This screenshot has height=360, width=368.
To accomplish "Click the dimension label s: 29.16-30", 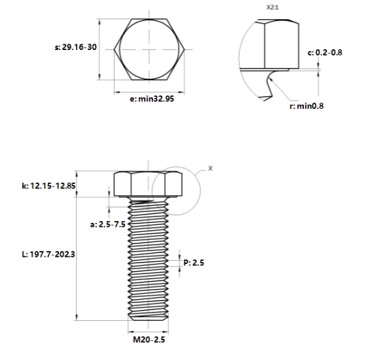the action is pyautogui.click(x=76, y=47).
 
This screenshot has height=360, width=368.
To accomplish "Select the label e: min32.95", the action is pyautogui.click(x=152, y=99).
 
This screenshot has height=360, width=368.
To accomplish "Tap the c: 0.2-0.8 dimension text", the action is pyautogui.click(x=325, y=53).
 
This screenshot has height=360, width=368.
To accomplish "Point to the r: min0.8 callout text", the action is pyautogui.click(x=306, y=106).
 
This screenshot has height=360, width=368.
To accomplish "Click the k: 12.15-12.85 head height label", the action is pyautogui.click(x=49, y=186).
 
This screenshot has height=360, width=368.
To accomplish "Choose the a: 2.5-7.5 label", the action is pyautogui.click(x=108, y=224).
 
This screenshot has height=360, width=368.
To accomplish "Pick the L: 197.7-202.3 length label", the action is pyautogui.click(x=48, y=254).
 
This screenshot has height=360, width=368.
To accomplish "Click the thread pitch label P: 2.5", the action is pyautogui.click(x=194, y=263).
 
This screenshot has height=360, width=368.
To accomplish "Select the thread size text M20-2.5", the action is pyautogui.click(x=149, y=340).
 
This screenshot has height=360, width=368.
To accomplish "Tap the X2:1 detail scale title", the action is pyautogui.click(x=272, y=8).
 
